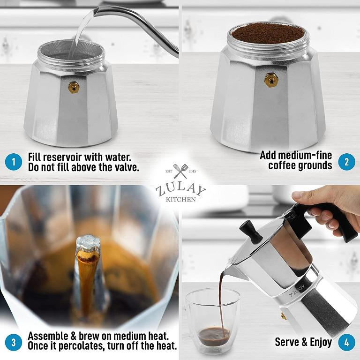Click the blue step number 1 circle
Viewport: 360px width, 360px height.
[x=14, y=162]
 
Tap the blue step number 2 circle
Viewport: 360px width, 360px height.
[x=346, y=162]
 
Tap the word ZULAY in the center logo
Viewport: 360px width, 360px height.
[x=180, y=190]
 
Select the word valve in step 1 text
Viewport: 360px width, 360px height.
[x=124, y=167]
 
